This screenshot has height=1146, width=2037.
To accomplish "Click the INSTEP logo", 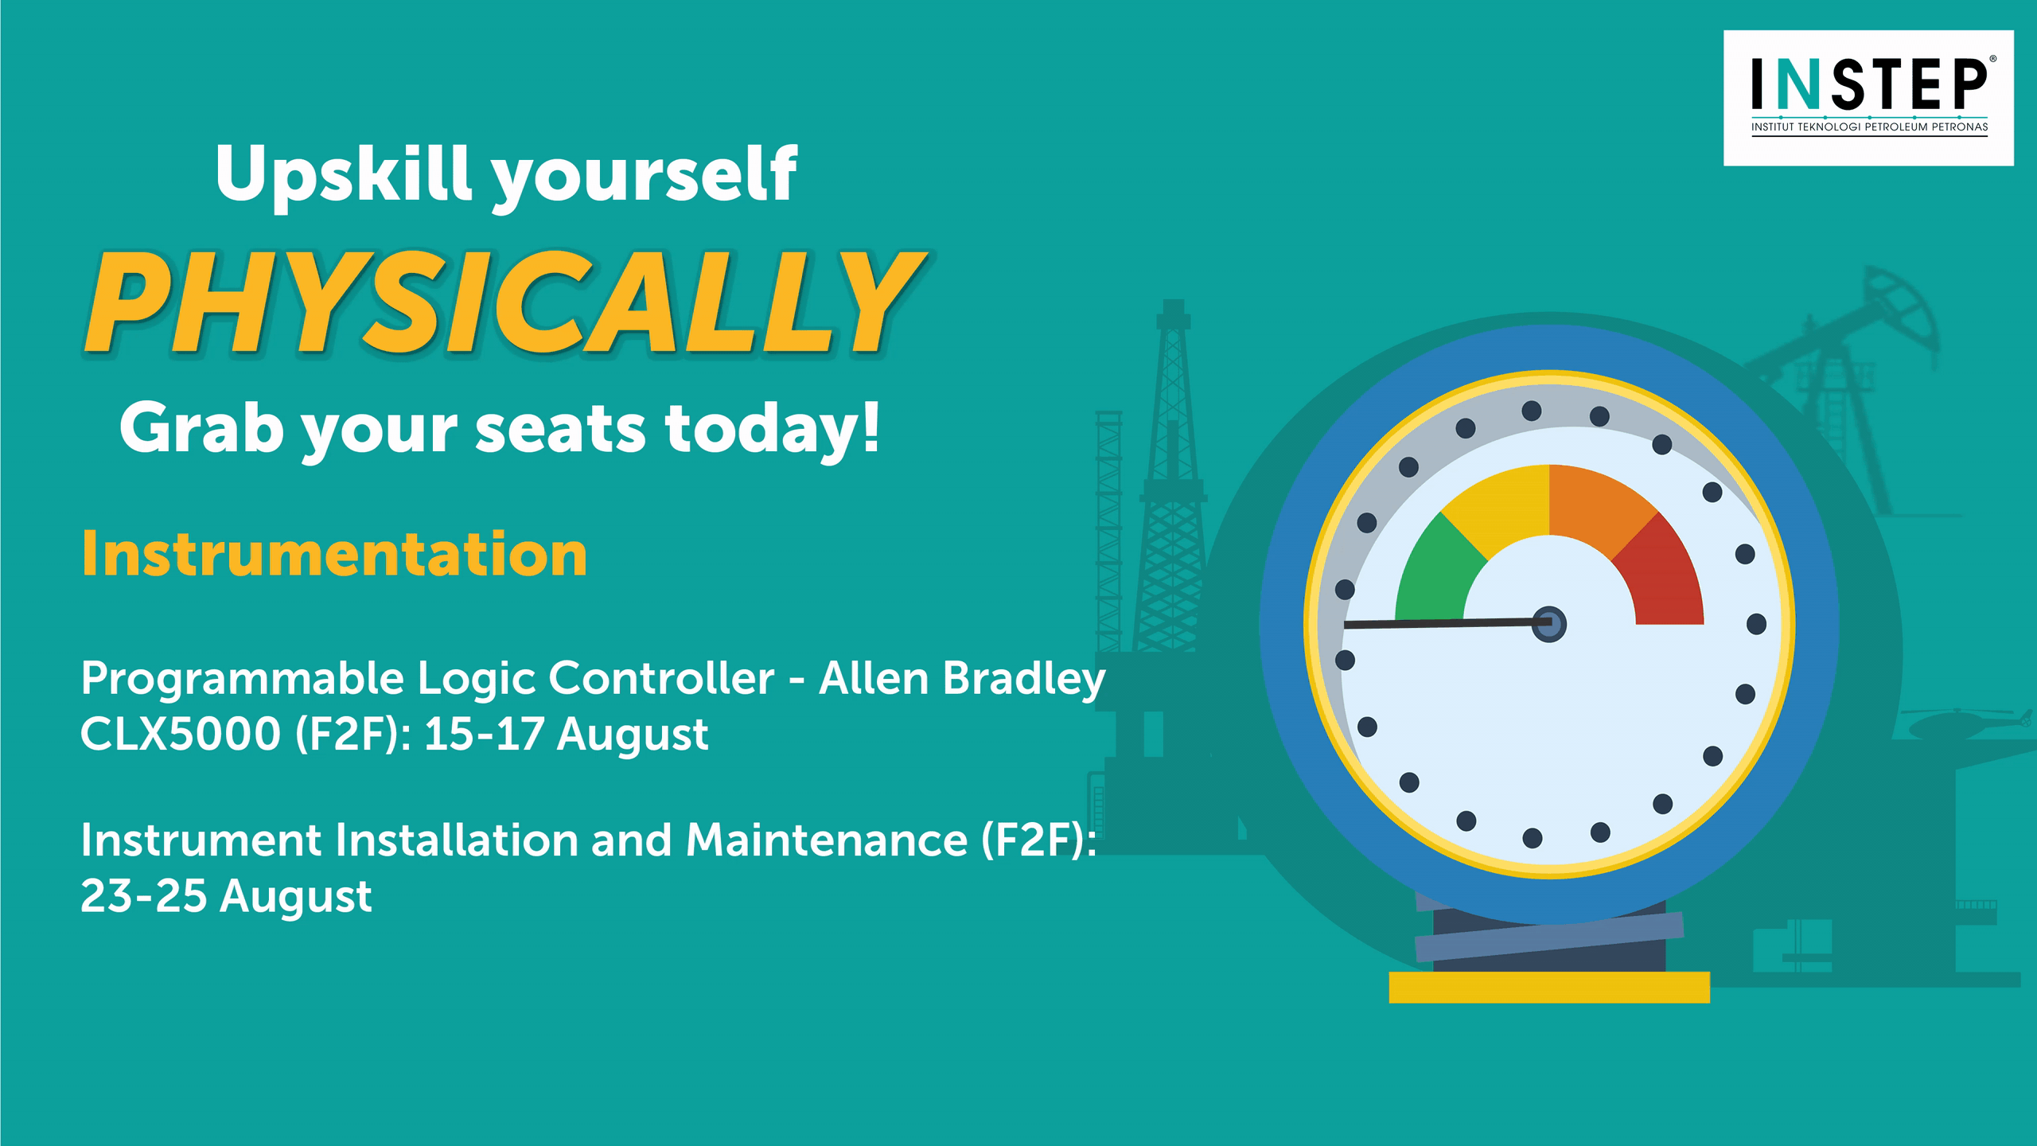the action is pos(1868,98).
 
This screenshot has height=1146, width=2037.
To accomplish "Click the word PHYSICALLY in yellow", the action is pos(507,302).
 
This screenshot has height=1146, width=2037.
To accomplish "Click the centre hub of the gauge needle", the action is pos(1549,624).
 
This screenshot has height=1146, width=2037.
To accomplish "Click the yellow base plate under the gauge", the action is pos(1549,987).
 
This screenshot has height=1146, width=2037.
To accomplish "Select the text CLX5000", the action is pos(181,734).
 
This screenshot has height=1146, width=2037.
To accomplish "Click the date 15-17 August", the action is pos(566,734).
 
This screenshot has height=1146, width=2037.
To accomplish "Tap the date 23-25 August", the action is pos(226,897).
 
